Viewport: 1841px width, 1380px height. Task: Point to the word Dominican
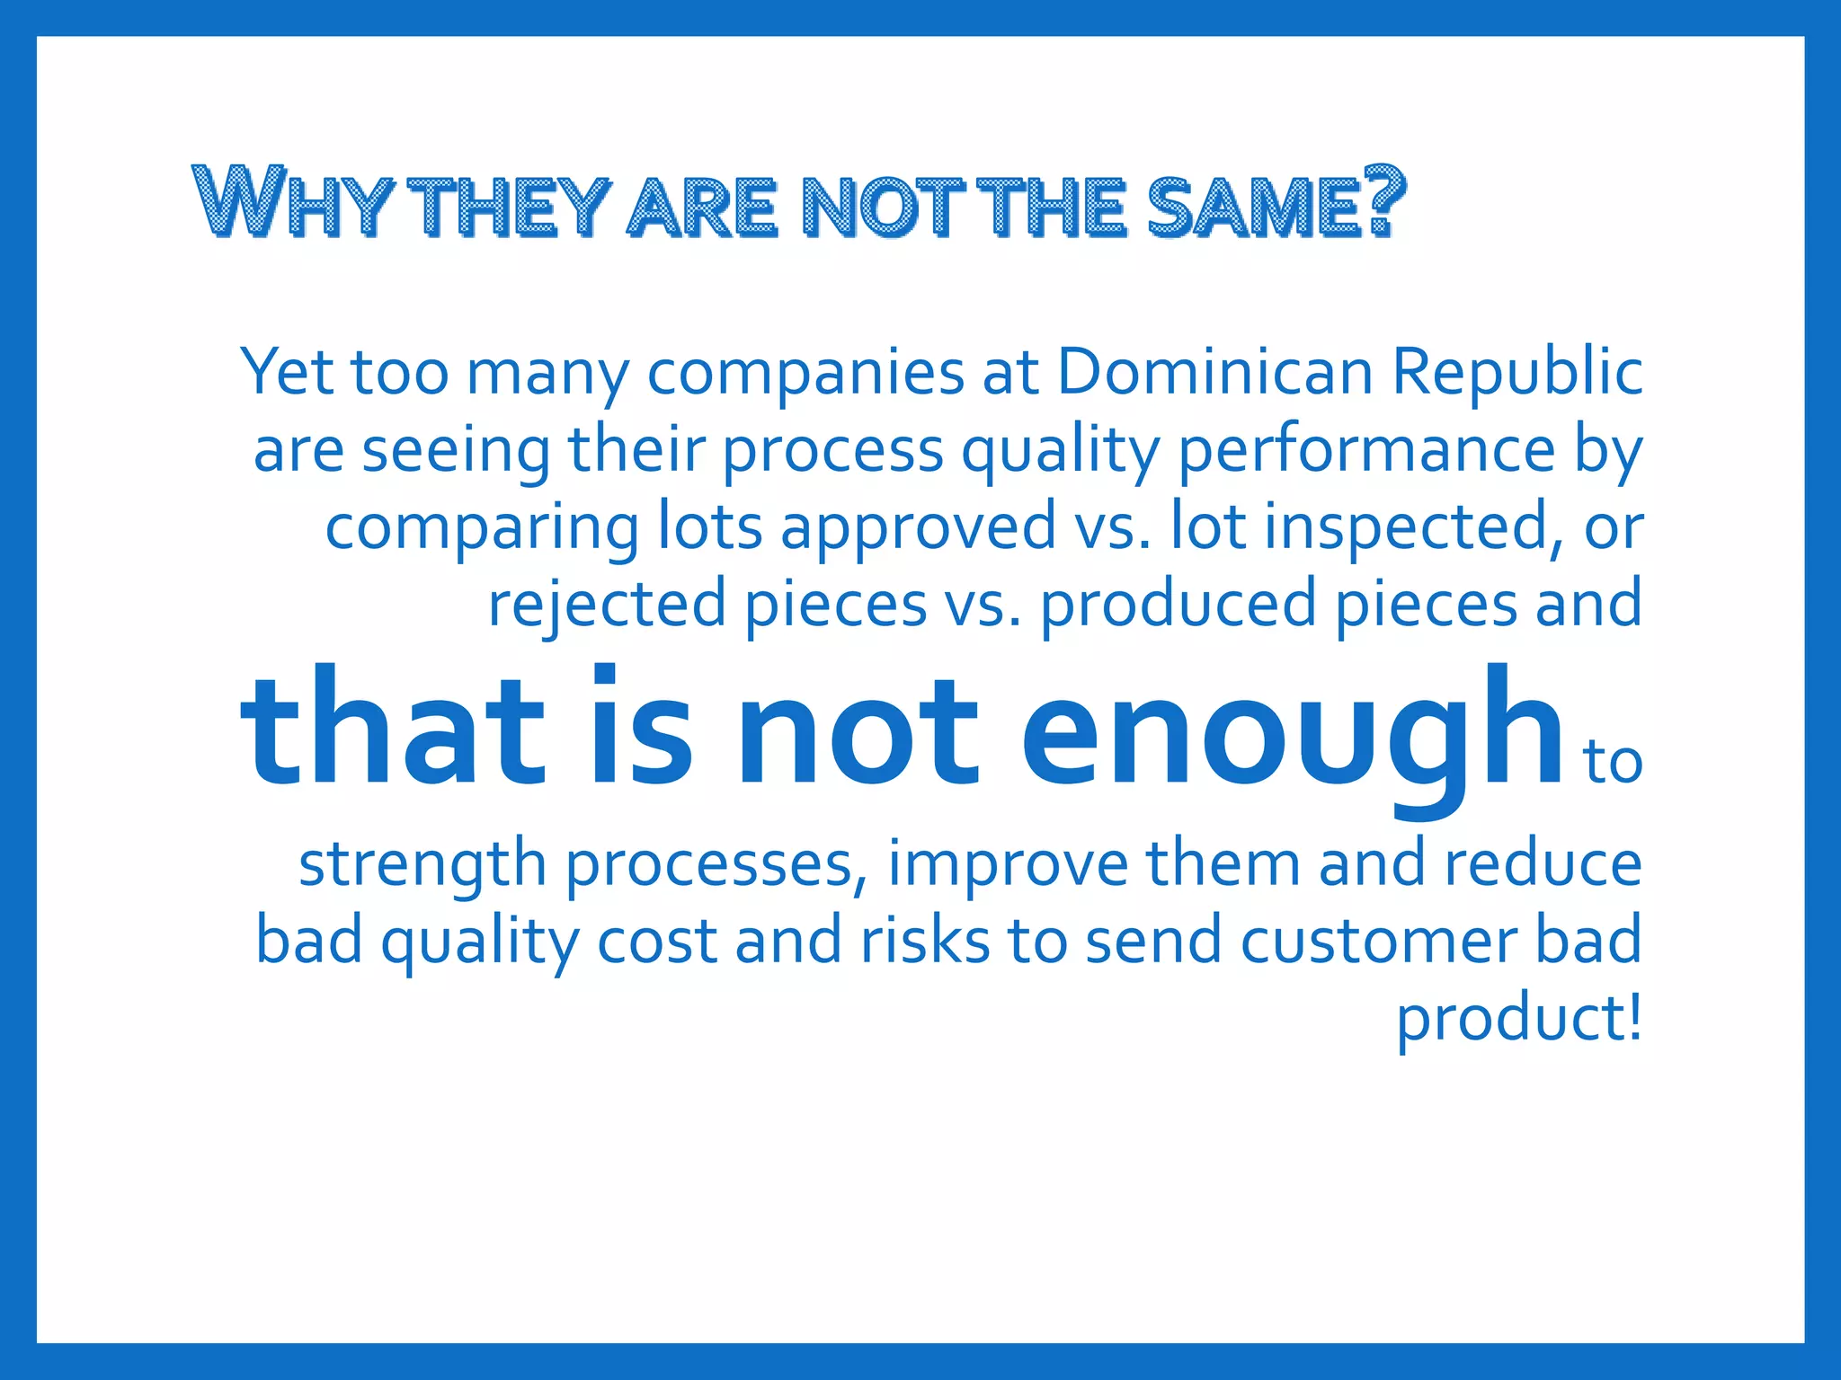coord(1214,371)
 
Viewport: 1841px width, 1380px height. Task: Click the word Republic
coord(1517,373)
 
